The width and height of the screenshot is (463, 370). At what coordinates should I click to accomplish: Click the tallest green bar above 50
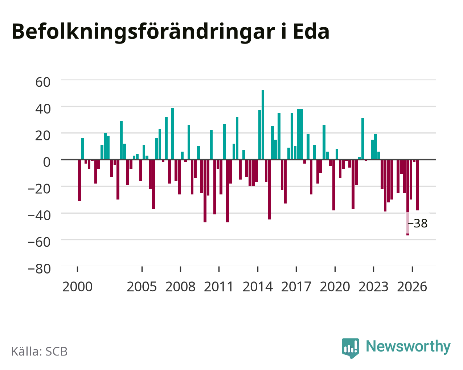[x=263, y=125]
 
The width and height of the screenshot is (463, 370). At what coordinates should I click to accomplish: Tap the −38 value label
[x=417, y=223]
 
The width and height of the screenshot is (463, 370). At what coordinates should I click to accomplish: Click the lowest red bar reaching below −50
[x=408, y=197]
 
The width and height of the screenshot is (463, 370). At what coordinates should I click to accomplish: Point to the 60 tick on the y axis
[x=43, y=82]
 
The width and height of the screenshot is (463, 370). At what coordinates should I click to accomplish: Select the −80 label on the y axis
[x=40, y=269]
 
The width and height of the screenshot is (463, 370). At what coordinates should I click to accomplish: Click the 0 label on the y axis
[x=47, y=162]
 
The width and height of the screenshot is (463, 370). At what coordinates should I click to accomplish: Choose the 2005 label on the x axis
[x=142, y=287]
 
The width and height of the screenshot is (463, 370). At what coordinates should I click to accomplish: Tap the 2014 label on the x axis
[x=258, y=287]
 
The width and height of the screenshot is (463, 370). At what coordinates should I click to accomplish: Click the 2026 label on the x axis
[x=412, y=287]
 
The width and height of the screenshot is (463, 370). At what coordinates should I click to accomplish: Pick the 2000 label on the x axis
[x=77, y=287]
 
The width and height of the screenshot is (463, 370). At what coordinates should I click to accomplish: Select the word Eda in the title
[x=311, y=32]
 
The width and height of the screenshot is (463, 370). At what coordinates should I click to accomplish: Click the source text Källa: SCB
[x=40, y=351]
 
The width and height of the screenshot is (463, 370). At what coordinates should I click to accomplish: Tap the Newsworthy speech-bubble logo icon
[x=351, y=348]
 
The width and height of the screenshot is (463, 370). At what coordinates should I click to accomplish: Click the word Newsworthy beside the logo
[x=408, y=347]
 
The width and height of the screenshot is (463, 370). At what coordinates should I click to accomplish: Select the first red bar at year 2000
[x=79, y=180]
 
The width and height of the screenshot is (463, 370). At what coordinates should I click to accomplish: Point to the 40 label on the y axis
[x=43, y=109]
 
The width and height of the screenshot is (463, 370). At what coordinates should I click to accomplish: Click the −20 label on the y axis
[x=40, y=189]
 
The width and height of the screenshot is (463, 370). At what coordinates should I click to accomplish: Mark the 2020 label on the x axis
[x=335, y=287]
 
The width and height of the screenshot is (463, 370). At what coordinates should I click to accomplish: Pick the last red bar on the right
[x=417, y=185]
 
